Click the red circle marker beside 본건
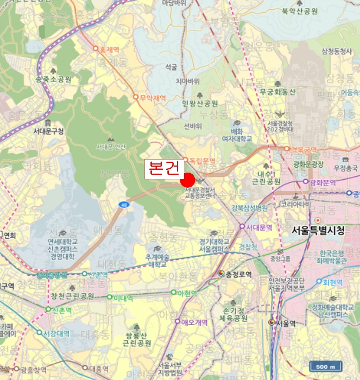[188, 180]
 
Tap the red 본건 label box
[163, 168]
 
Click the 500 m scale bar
[326, 366]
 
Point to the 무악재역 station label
[152, 98]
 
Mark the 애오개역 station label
[194, 322]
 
